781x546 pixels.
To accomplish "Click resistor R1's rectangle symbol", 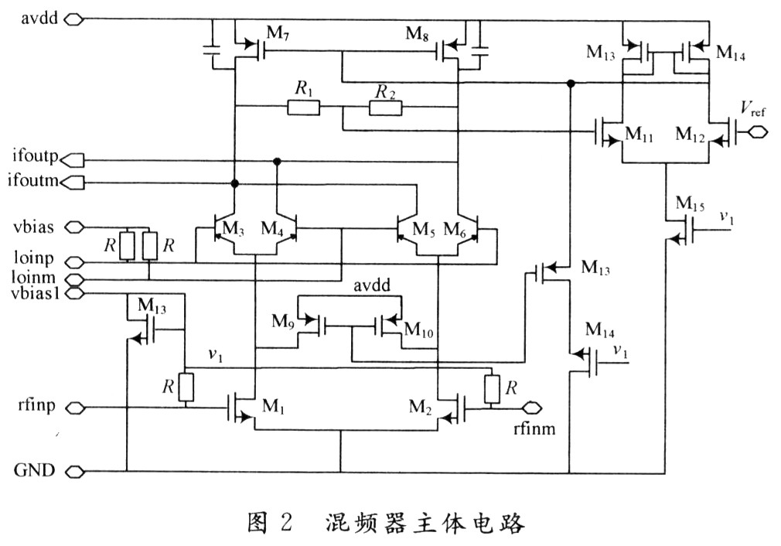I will point(303,107).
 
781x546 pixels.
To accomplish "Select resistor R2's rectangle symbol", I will point(385,107).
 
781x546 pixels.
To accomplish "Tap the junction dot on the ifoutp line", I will point(276,161).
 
